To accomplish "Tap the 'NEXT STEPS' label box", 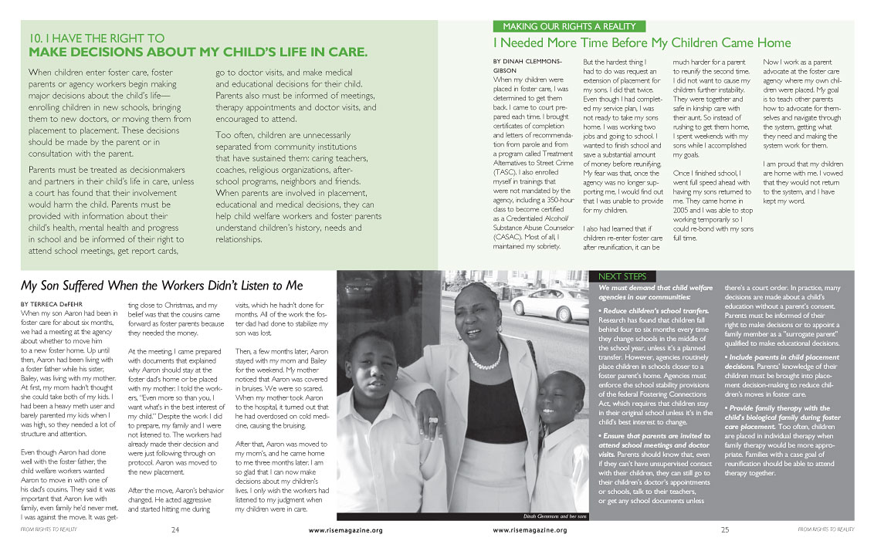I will click(626, 276).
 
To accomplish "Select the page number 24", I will click(175, 530).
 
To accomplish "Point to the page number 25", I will click(725, 530).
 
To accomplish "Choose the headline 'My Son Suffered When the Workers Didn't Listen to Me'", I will click(161, 286).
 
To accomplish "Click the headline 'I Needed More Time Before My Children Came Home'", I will click(642, 42).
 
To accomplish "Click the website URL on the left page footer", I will click(345, 531).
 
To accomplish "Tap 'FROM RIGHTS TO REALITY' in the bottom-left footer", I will click(49, 530).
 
